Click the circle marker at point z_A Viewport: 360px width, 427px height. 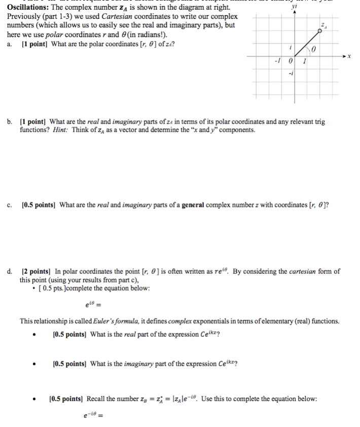pos(319,31)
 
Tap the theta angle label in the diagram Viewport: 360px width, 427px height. pos(314,50)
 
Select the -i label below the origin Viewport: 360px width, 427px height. pos(290,73)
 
